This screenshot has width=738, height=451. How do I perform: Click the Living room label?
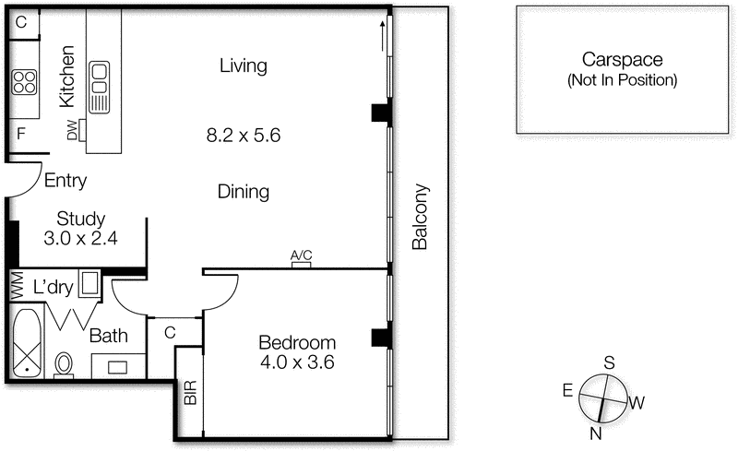[x=244, y=66]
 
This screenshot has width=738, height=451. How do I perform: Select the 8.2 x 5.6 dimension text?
[x=243, y=135]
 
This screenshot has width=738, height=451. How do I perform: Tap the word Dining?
[x=244, y=193]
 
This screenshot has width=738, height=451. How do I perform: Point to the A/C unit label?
[x=301, y=256]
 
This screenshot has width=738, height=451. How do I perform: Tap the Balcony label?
[x=421, y=218]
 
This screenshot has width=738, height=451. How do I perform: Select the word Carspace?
[x=622, y=61]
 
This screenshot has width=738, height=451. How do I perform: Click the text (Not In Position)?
[x=622, y=80]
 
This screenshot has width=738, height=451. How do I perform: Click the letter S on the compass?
[x=609, y=362]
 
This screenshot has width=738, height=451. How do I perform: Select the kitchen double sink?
[x=99, y=83]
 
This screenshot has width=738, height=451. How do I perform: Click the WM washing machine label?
[x=17, y=286]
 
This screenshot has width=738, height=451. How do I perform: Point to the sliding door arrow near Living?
[x=380, y=40]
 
